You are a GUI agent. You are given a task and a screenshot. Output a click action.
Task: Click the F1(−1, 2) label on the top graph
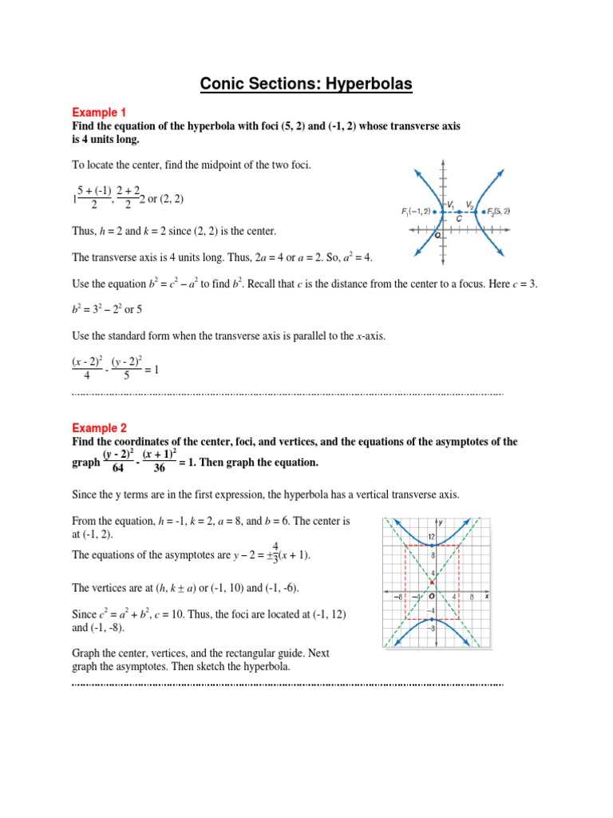[x=417, y=212]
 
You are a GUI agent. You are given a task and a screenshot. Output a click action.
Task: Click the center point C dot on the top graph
[x=459, y=212]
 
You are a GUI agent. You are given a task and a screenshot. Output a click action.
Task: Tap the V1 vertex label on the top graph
[x=451, y=204]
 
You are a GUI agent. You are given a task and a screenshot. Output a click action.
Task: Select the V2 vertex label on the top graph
[x=470, y=204]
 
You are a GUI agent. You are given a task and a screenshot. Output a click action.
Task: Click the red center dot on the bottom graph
[x=432, y=582]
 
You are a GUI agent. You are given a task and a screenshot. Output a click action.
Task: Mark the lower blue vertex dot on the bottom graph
[x=432, y=619]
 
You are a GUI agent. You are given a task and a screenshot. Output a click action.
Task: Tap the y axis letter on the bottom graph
[x=441, y=522]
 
